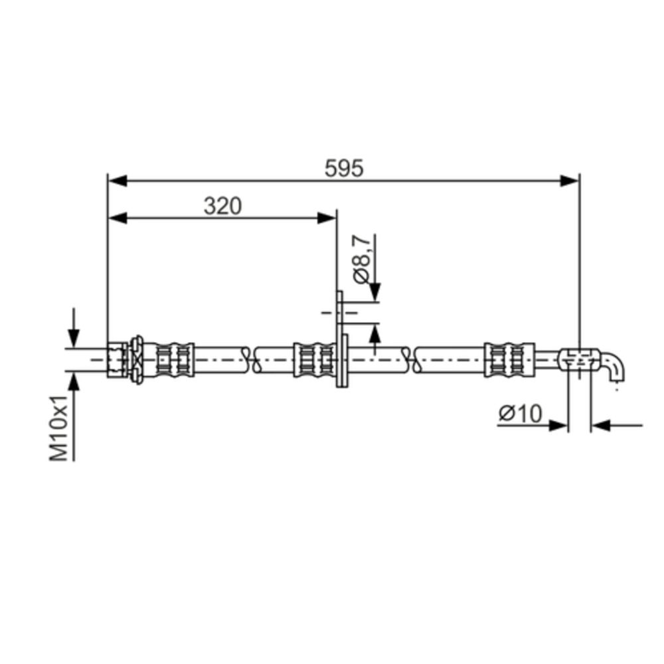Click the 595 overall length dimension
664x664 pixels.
(344, 169)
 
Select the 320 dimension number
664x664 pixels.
(222, 207)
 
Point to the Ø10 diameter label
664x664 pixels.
(519, 414)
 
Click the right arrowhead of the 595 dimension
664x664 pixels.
(570, 181)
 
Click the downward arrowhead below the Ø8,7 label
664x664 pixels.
(375, 291)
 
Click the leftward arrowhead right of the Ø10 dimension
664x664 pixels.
(600, 425)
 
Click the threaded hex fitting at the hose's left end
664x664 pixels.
(118, 359)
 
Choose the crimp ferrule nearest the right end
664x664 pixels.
(509, 359)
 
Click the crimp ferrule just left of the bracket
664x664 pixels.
(313, 359)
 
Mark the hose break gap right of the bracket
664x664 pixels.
(410, 359)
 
